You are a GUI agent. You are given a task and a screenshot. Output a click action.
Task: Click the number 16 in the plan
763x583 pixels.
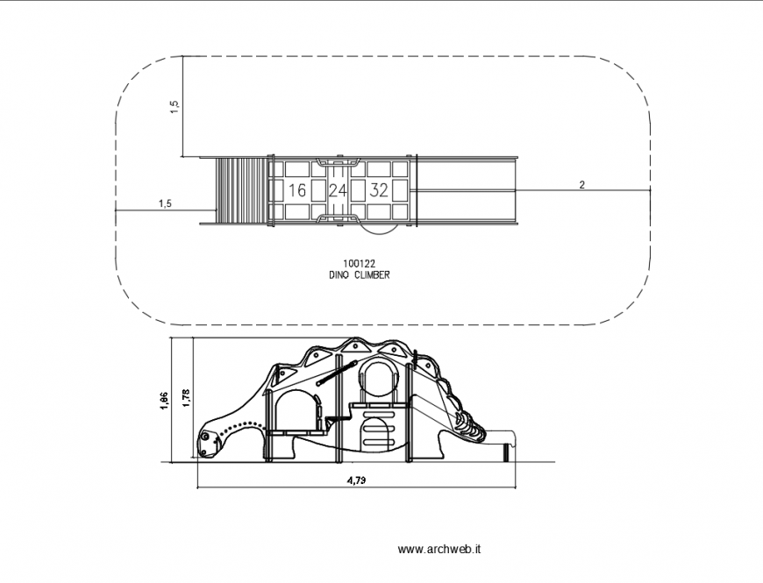pyautogui.click(x=296, y=190)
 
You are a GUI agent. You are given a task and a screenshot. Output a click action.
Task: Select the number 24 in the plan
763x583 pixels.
pyautogui.click(x=338, y=190)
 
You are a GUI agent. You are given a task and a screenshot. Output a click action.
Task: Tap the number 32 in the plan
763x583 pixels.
pyautogui.click(x=379, y=190)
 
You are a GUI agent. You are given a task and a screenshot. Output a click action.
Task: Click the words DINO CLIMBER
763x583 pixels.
pyautogui.click(x=360, y=275)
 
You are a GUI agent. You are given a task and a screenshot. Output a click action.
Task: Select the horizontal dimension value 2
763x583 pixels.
pyautogui.click(x=582, y=184)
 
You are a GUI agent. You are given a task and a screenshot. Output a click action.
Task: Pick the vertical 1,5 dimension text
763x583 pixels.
pyautogui.click(x=175, y=106)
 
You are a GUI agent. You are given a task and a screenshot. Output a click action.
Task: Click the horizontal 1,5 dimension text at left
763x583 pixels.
pyautogui.click(x=165, y=204)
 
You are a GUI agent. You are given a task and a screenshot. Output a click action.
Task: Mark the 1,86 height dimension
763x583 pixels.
pyautogui.click(x=165, y=399)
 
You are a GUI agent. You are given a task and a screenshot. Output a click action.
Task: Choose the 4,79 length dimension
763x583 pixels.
pyautogui.click(x=356, y=480)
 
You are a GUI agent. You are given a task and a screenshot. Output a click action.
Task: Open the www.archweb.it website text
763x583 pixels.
pyautogui.click(x=439, y=550)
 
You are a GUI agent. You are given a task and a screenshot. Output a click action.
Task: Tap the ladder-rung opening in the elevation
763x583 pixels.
pyautogui.click(x=374, y=433)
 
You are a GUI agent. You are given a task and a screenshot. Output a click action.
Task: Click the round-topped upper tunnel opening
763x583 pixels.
pyautogui.click(x=381, y=378)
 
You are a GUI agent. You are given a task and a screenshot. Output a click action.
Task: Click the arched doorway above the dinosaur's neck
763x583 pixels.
pyautogui.click(x=296, y=412)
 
